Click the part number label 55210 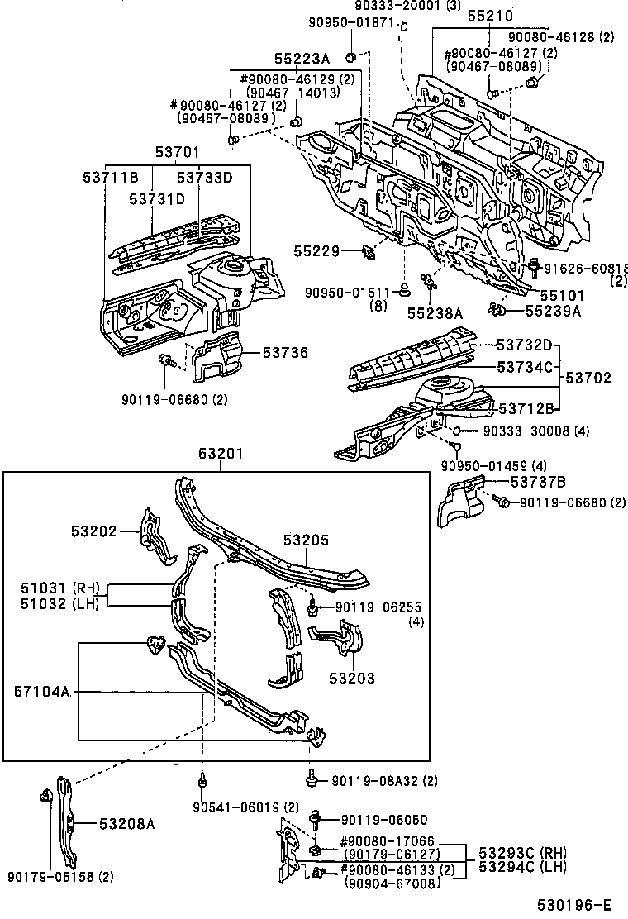[x=489, y=16]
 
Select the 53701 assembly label [x=177, y=152]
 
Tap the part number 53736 [x=285, y=354]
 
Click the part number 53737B [x=537, y=483]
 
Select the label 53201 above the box [x=221, y=454]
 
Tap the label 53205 [x=306, y=540]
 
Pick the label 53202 [x=93, y=531]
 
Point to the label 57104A [x=40, y=691]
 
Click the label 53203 [x=353, y=679]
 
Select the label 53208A [x=127, y=823]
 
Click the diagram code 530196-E [x=578, y=907]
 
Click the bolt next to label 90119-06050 [x=316, y=820]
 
